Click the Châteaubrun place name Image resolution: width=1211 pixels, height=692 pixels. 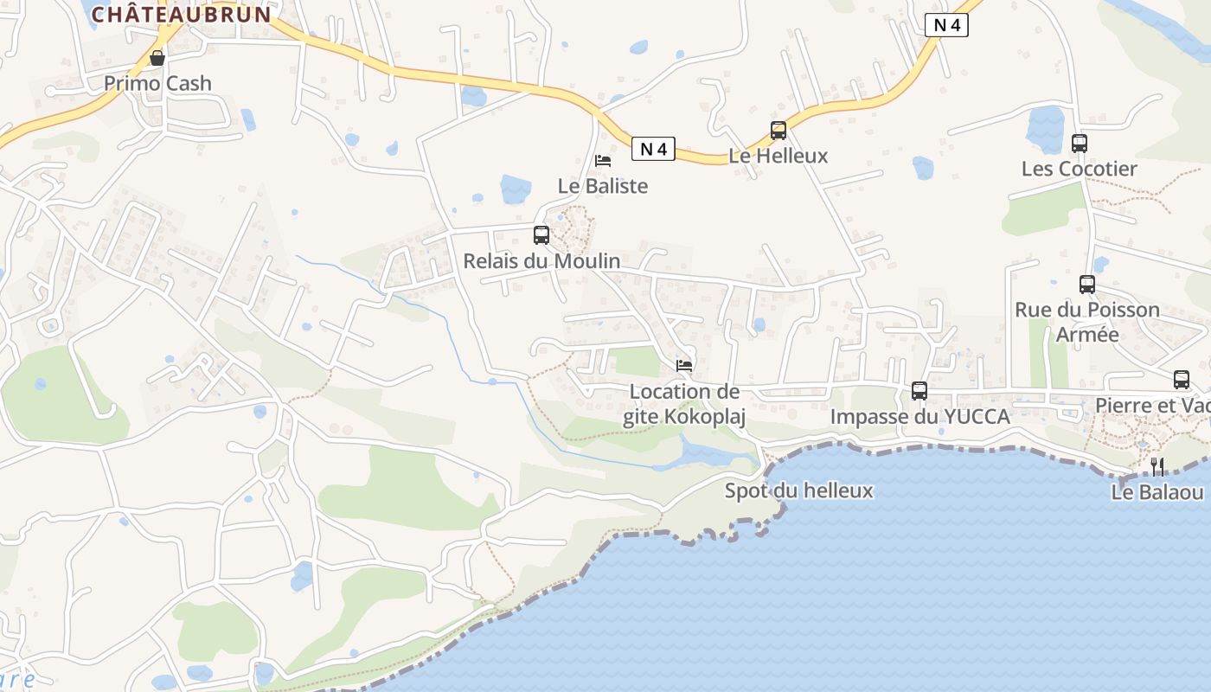click(181, 14)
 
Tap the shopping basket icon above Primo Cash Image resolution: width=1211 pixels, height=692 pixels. click(157, 58)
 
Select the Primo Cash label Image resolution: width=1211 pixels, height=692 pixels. click(157, 83)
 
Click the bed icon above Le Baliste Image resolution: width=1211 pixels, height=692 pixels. click(603, 161)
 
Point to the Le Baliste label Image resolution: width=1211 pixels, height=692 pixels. click(603, 186)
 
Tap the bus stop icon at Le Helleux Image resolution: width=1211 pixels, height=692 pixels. click(778, 131)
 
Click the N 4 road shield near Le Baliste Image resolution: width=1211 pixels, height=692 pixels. click(653, 149)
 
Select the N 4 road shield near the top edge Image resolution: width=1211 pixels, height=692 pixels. click(946, 25)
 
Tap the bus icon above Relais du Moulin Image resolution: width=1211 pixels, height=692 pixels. click(541, 234)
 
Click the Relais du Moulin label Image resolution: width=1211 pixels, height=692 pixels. click(541, 260)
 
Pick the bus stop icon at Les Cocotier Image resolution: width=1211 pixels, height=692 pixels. click(1080, 144)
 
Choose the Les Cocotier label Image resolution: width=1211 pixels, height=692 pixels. click(1080, 169)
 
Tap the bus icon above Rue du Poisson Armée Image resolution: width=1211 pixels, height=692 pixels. click(1087, 285)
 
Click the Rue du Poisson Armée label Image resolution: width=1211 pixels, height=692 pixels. click(1087, 322)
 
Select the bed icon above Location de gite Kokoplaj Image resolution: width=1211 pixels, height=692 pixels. click(684, 366)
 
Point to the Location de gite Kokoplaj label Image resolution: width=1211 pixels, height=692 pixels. click(684, 404)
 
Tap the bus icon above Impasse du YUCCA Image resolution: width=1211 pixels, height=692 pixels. click(919, 391)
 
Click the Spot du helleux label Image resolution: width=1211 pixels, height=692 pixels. click(798, 491)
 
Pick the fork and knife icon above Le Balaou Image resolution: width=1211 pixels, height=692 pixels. click(1157, 467)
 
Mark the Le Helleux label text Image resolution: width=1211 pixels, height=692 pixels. click(778, 156)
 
